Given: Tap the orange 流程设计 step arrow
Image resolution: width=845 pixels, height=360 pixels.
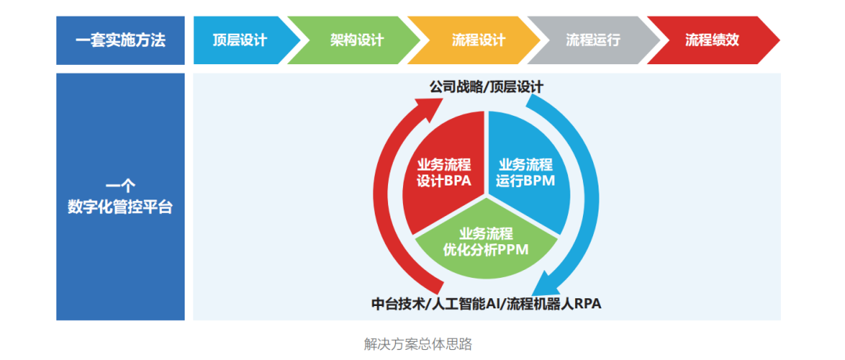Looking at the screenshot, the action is [474, 41].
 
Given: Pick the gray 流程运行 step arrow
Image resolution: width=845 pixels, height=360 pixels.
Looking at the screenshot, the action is [594, 41].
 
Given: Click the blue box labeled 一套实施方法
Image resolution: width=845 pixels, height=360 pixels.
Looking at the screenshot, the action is [120, 41].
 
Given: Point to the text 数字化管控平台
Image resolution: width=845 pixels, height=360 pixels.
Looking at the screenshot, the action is [120, 207].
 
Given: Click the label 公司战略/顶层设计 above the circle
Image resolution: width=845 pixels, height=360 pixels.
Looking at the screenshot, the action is [486, 87].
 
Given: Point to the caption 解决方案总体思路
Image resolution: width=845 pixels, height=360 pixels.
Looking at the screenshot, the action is [418, 344].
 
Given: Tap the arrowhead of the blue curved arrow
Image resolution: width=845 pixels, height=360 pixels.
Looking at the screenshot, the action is [545, 285].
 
